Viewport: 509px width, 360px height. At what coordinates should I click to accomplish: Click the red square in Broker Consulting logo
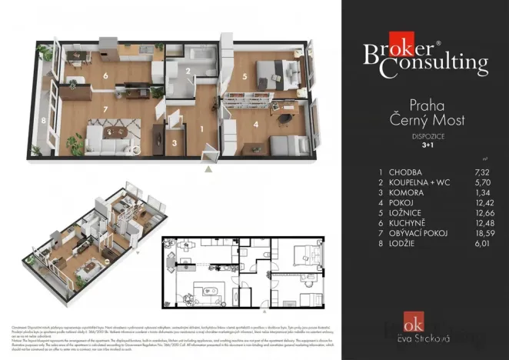point(401,43)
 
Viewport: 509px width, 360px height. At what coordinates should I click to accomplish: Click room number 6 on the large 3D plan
point(106,76)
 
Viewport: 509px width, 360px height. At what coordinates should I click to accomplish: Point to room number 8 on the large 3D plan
point(44,121)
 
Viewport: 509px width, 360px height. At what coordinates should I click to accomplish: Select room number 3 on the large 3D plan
point(175,142)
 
